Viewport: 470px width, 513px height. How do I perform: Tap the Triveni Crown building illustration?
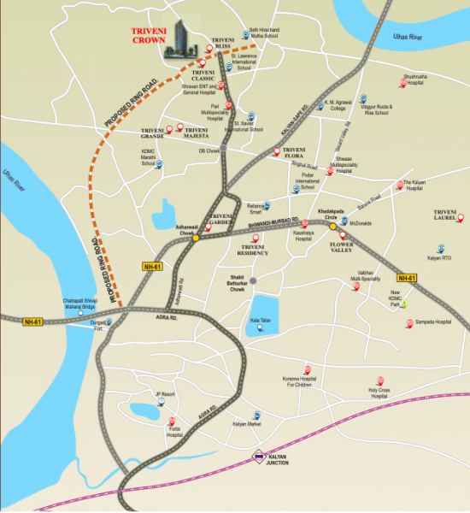pos(181,38)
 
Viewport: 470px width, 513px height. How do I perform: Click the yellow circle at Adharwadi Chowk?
pos(196,238)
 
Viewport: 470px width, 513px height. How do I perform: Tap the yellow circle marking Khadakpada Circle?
pos(333,227)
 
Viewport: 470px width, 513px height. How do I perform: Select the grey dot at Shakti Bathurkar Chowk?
pos(253,280)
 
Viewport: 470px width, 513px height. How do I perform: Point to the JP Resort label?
pos(164,394)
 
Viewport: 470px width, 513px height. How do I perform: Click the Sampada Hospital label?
pos(432,322)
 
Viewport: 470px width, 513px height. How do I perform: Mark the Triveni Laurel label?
pos(446,215)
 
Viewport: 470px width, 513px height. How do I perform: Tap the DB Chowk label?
pos(209,151)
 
